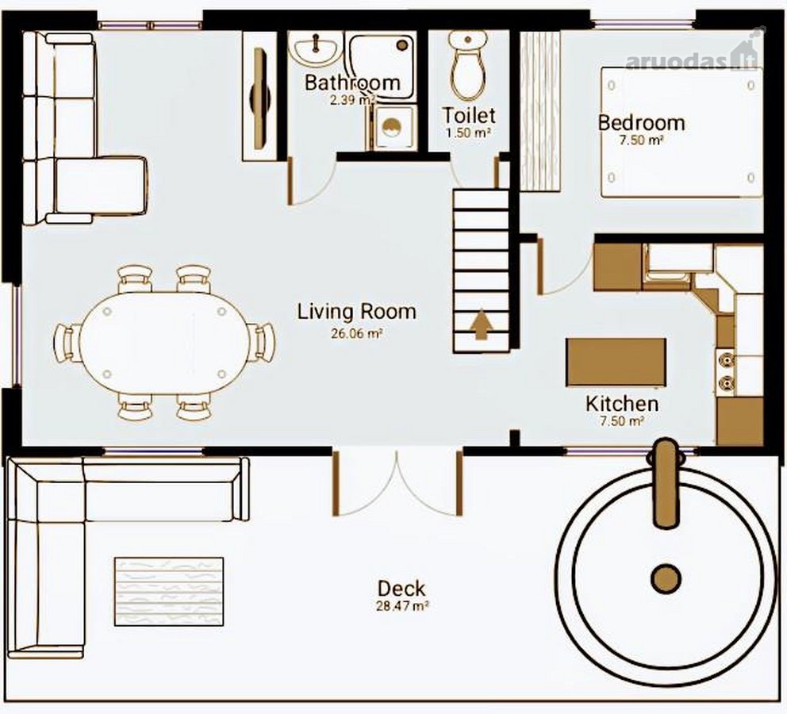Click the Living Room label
357,312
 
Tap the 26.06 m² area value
357,334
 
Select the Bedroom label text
642,123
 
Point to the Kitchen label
622,404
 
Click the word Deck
401,588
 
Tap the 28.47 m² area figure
402,605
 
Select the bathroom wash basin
315,49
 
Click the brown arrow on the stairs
482,324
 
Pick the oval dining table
165,342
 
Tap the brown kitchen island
616,363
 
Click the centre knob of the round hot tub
666,578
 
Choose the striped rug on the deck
169,591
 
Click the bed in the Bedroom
681,132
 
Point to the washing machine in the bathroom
393,128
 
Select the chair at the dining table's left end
67,342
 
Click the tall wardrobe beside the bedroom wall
539,111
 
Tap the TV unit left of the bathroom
260,96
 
